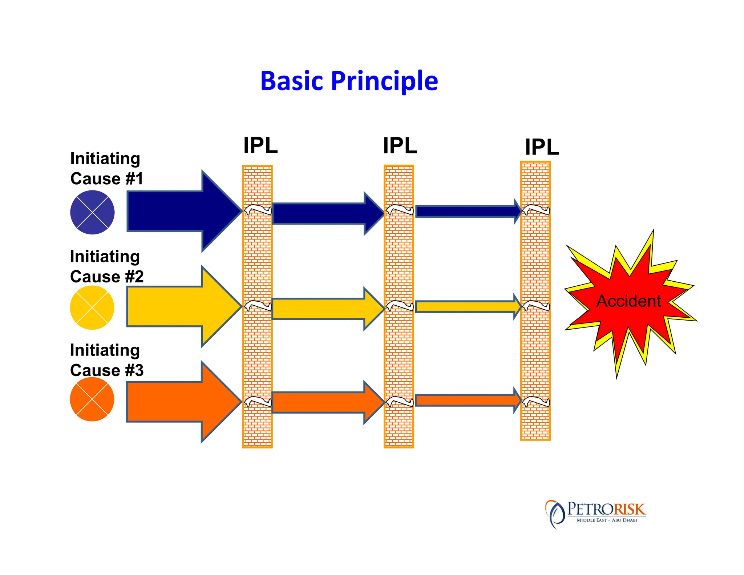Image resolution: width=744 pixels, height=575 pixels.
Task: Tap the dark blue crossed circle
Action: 92,212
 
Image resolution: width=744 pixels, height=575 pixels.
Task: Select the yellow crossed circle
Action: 92,307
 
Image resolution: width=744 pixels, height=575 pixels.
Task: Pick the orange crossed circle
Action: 92,399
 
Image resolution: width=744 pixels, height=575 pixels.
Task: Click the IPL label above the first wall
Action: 260,145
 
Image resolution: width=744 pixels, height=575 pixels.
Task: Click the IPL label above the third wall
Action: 542,147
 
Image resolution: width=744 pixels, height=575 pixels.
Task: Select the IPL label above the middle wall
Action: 400,146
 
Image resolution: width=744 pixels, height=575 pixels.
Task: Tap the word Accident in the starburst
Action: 628,301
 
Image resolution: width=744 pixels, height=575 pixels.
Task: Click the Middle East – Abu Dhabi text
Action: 606,520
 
